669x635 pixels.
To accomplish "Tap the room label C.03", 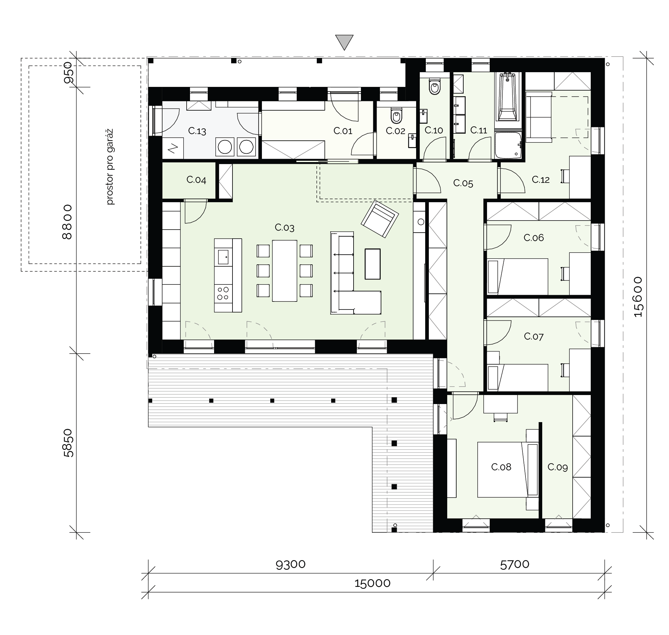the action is click(285, 228).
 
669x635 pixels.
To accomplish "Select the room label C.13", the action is click(197, 131).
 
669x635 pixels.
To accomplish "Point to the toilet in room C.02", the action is click(396, 115).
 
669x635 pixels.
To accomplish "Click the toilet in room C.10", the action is click(434, 86).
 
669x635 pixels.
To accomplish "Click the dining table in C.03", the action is click(285, 271).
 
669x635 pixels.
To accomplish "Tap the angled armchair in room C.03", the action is click(380, 219).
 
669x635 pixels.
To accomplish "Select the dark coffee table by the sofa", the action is click(373, 264).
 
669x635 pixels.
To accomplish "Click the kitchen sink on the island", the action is click(223, 257).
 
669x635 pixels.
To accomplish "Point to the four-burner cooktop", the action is click(223, 293).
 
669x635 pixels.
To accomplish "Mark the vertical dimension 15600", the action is click(638, 297).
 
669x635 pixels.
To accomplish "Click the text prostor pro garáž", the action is click(110, 166).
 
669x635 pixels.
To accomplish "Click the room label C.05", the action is click(463, 183).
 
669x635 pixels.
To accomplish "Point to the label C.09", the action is click(558, 467).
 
